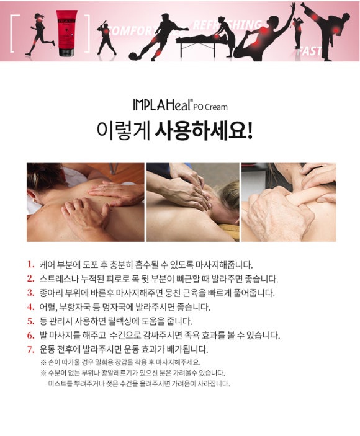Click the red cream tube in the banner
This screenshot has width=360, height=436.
(66, 33)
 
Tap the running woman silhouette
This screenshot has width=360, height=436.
(40, 34)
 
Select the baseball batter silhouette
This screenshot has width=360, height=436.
(106, 37)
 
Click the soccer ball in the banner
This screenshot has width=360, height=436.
(134, 56)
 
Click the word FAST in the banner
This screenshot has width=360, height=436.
(309, 51)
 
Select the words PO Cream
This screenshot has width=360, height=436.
(210, 107)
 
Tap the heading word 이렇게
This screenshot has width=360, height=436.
(123, 130)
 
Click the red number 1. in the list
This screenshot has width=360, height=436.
(30, 264)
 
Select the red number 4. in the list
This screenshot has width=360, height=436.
(30, 307)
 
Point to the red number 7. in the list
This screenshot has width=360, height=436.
(30, 349)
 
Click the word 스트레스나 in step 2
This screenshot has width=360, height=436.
(55, 278)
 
